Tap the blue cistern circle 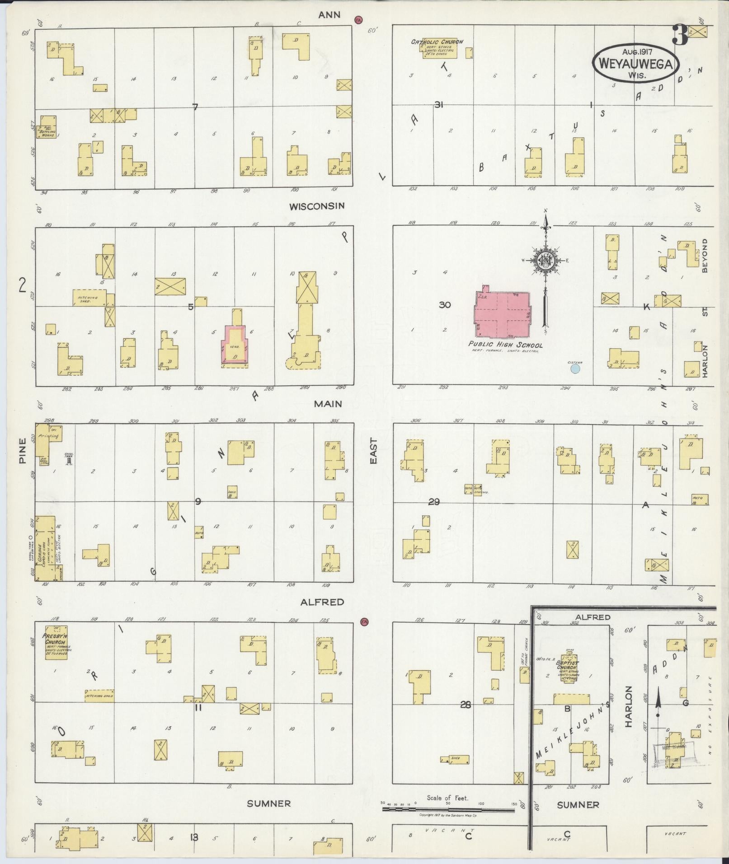click(x=575, y=369)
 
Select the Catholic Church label click(x=437, y=42)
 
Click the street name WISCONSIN click(x=317, y=206)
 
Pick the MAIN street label click(x=328, y=404)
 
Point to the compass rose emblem click(x=545, y=260)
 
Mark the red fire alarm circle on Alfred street click(x=364, y=622)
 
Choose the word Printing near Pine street click(x=49, y=437)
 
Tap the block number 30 click(x=445, y=305)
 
